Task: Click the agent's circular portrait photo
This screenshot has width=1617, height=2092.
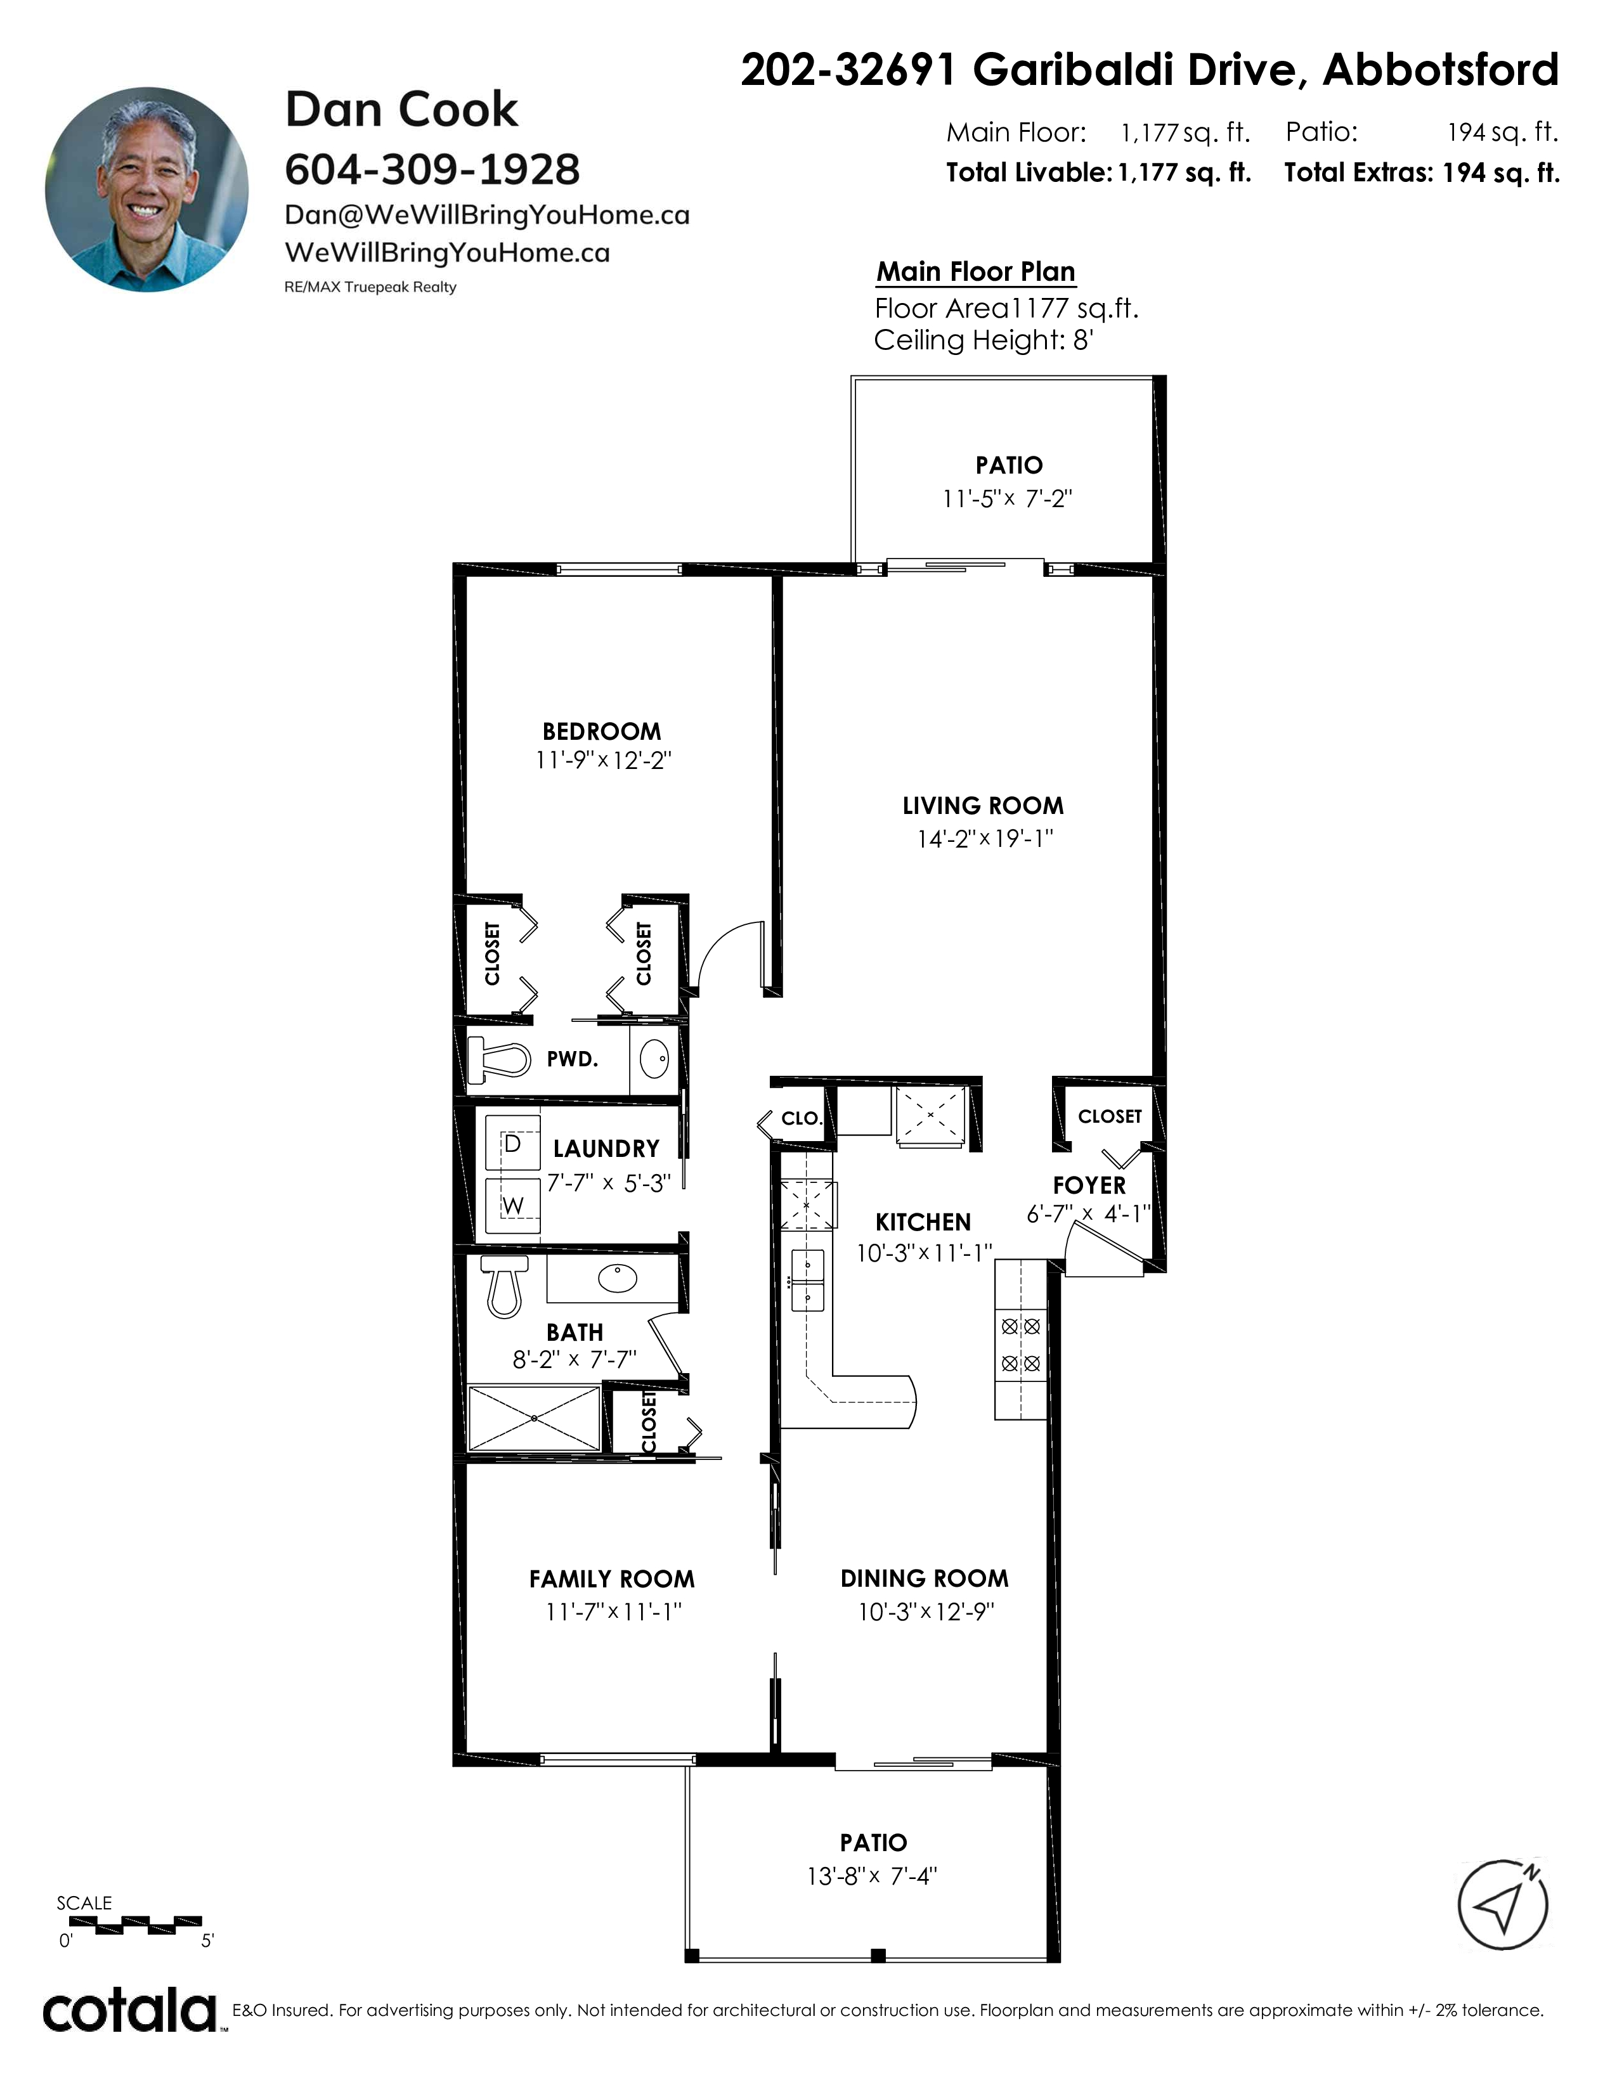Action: (146, 189)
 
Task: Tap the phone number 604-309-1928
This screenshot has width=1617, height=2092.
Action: (432, 169)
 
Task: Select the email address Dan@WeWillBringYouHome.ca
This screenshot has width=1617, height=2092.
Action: (486, 214)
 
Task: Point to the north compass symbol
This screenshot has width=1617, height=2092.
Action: (1503, 1904)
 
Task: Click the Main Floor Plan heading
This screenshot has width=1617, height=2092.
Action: (976, 272)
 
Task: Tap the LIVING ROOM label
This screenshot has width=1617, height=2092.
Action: (983, 806)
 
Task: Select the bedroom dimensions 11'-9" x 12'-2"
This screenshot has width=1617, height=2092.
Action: (604, 761)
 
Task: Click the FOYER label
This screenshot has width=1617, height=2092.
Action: (1089, 1186)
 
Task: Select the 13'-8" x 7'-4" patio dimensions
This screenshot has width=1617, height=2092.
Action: (872, 1876)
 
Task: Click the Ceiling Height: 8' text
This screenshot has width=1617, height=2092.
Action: (984, 340)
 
